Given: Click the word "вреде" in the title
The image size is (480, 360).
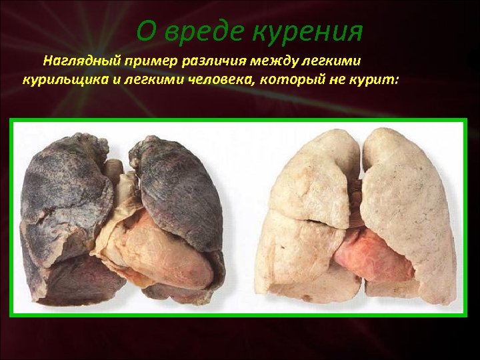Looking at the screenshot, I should click(201, 31).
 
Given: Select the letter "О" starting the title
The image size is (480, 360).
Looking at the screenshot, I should click(146, 31).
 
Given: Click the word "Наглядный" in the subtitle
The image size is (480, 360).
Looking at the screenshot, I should click(83, 61).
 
